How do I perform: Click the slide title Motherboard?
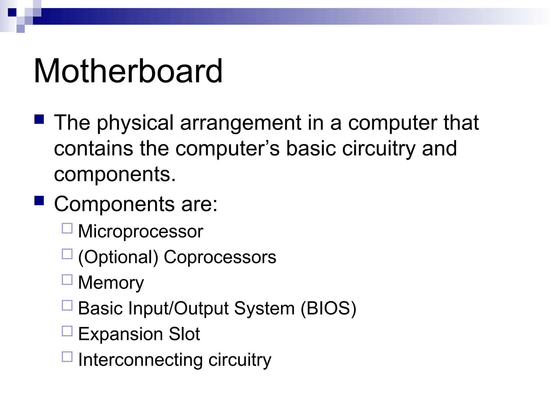(x=128, y=71)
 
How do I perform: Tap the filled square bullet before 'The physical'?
(x=39, y=119)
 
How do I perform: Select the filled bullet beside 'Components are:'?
(x=39, y=201)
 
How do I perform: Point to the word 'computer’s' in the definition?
(x=227, y=149)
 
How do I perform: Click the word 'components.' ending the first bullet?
(x=115, y=175)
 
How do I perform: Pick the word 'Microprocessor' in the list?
(x=140, y=231)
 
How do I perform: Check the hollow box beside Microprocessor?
(x=67, y=228)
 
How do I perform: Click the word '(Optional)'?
(x=118, y=257)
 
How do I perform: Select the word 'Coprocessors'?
(x=220, y=257)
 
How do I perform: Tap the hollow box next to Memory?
(x=67, y=280)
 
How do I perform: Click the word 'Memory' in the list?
(x=111, y=283)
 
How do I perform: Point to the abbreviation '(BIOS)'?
(x=328, y=308)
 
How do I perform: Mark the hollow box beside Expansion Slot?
(x=67, y=331)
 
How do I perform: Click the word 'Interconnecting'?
(x=140, y=360)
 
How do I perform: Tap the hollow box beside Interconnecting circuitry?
(x=67, y=357)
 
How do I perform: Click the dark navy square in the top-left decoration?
(x=12, y=12)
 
